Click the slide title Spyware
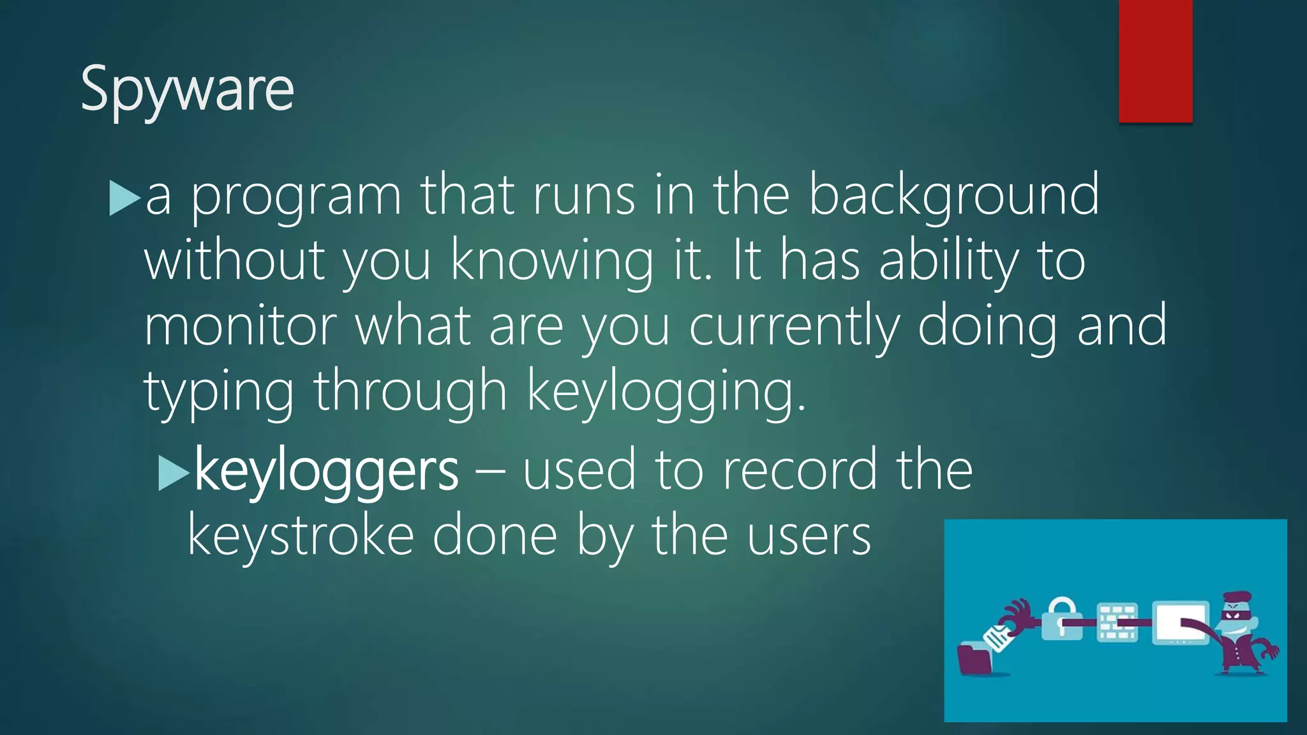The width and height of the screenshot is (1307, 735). (x=187, y=89)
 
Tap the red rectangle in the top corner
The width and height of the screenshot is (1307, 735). (x=1155, y=61)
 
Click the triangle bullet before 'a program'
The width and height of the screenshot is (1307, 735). (x=124, y=198)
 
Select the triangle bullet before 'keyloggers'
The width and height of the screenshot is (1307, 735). (x=173, y=473)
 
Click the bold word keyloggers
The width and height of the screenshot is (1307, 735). (x=326, y=470)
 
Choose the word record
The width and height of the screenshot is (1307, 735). (x=800, y=470)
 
